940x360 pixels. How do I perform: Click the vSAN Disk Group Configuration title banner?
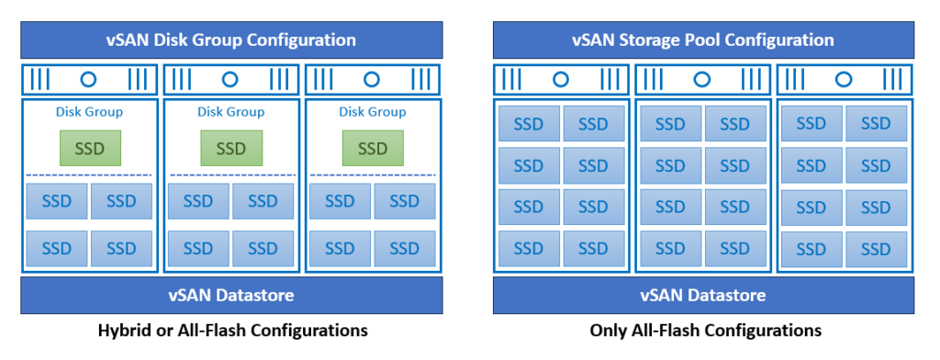(x=230, y=40)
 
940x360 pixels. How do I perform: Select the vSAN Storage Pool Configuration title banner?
(x=703, y=40)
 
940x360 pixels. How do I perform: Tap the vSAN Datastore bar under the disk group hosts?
(x=230, y=296)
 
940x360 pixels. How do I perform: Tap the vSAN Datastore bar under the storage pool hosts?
(x=703, y=296)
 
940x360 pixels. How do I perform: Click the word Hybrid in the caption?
(x=124, y=330)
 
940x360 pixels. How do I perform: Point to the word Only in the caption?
(x=608, y=330)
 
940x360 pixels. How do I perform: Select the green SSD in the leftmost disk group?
(x=90, y=148)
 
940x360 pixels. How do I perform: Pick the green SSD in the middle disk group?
(x=231, y=148)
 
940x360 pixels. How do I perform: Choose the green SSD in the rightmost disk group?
(x=373, y=148)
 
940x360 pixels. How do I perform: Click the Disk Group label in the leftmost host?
(x=90, y=112)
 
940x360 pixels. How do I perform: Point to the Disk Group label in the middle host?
(x=231, y=112)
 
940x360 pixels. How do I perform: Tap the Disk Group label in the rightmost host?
(x=373, y=112)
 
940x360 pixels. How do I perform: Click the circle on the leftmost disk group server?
(x=89, y=80)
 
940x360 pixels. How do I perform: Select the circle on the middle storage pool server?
(x=703, y=80)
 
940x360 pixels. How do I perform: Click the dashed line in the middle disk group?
(x=231, y=174)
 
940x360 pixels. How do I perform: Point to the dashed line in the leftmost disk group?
(x=90, y=174)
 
